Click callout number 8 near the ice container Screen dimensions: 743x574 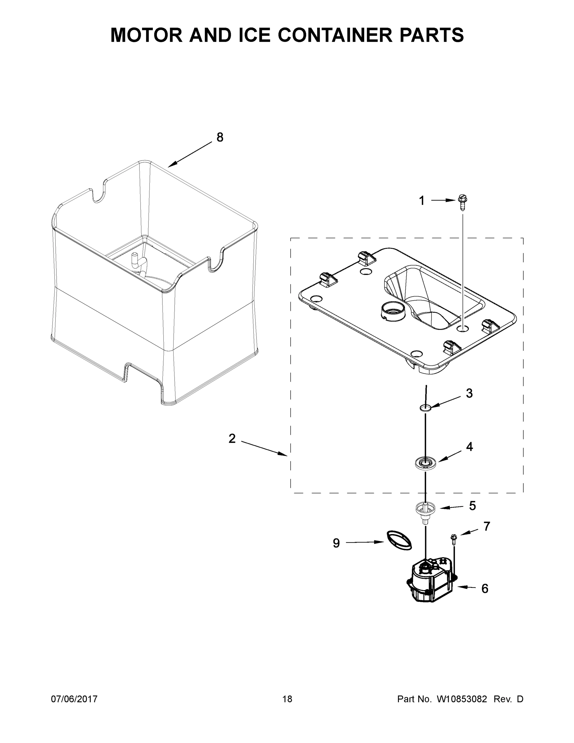[x=220, y=137]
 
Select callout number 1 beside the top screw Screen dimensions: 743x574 [x=422, y=201]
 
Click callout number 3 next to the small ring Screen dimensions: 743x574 [x=469, y=393]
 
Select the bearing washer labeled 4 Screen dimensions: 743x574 [x=425, y=463]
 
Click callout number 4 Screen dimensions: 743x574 [x=469, y=447]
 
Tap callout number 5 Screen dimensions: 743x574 [x=472, y=506]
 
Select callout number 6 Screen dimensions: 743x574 [x=485, y=589]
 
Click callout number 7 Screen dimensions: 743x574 [x=487, y=526]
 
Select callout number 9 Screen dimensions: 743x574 [x=336, y=543]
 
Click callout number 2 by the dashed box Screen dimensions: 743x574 [x=232, y=439]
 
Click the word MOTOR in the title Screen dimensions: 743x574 [x=147, y=35]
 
